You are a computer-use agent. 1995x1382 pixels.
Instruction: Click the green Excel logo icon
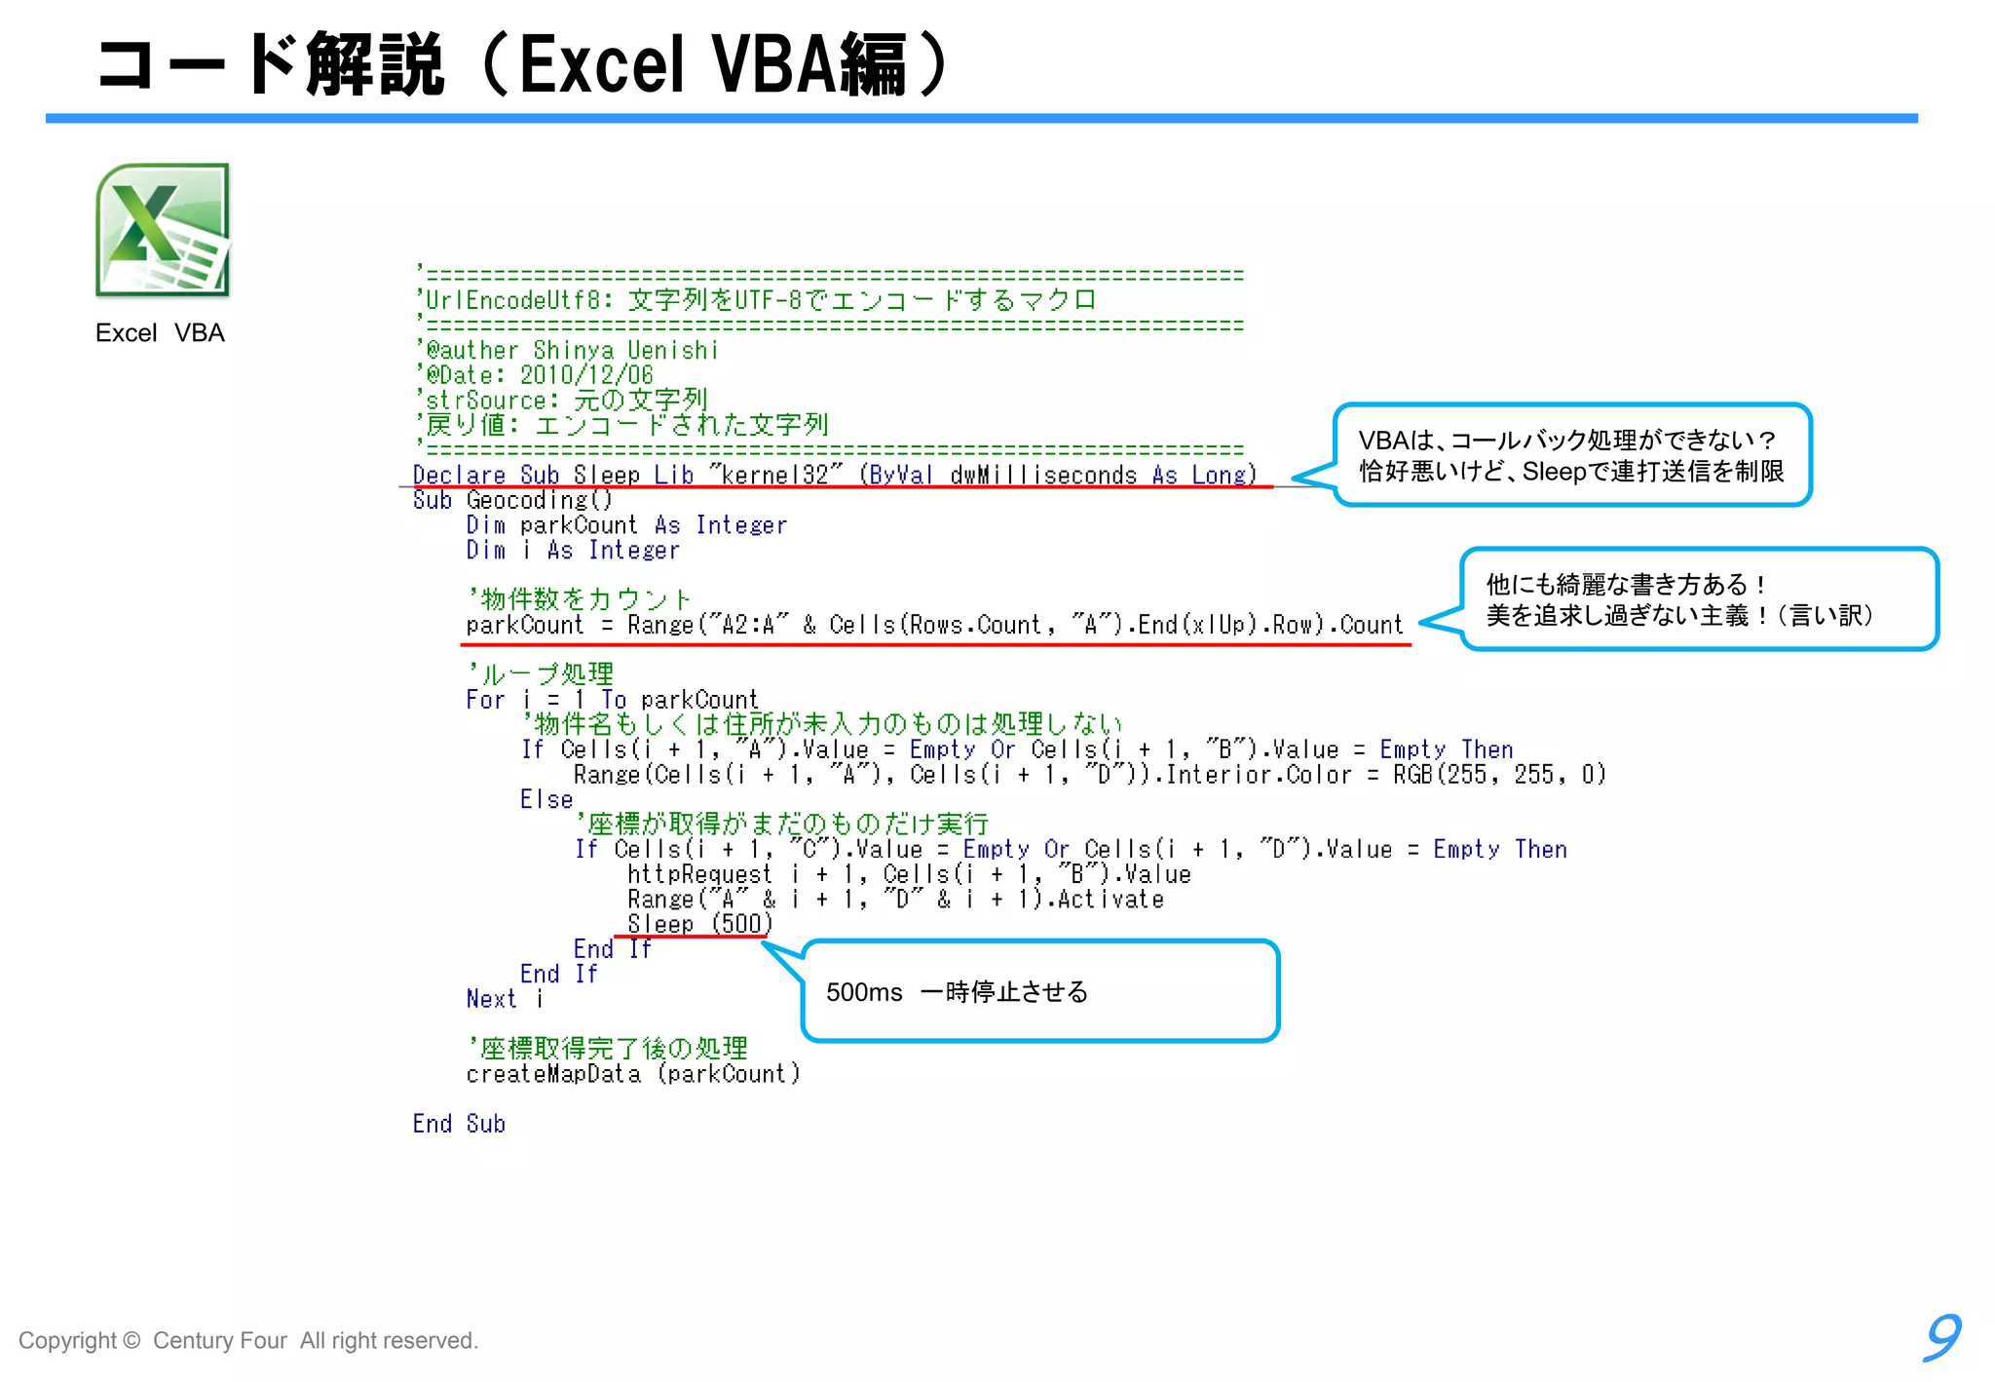(163, 230)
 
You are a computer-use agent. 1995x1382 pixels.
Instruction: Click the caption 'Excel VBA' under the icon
(160, 333)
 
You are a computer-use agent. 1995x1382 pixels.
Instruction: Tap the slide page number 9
(1941, 1337)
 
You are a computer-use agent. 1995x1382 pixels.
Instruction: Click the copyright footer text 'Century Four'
(219, 1341)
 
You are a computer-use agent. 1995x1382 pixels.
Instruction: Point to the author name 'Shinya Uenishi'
(625, 351)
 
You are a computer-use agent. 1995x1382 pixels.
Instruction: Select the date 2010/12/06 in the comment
(586, 375)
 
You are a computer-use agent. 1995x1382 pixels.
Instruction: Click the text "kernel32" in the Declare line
(775, 475)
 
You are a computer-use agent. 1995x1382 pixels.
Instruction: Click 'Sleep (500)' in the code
(698, 924)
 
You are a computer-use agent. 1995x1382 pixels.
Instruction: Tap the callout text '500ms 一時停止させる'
(957, 992)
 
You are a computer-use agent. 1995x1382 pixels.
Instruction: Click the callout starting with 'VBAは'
(1570, 455)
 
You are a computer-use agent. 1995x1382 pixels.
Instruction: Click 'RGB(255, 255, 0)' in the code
(1498, 775)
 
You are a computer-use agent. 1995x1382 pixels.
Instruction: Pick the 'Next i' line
(504, 999)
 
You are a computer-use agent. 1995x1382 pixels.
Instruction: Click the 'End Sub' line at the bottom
(459, 1124)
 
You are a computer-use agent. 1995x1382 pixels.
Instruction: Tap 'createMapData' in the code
(553, 1074)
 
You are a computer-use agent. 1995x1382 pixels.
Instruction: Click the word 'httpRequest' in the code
(698, 874)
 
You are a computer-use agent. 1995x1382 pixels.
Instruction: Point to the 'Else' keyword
(546, 800)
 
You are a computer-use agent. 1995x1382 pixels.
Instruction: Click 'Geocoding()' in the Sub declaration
(539, 500)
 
